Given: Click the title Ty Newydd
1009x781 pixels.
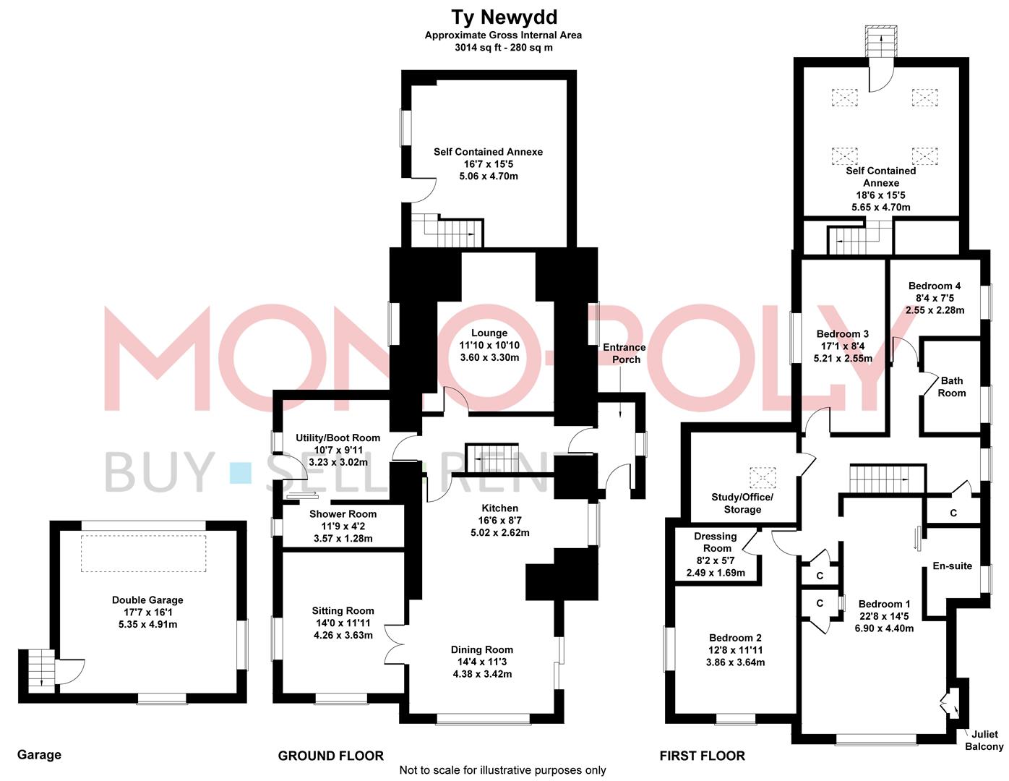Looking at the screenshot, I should coord(504,17).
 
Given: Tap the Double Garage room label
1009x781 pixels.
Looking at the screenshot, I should coord(147,600).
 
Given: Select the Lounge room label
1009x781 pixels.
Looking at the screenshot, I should coord(489,333).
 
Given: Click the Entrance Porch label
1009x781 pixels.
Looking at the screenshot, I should coord(624,353).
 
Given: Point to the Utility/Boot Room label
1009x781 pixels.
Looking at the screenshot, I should coord(338,438).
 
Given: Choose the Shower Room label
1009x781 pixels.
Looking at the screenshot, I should coord(343,514).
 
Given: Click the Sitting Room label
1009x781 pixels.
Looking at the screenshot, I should coord(343,611).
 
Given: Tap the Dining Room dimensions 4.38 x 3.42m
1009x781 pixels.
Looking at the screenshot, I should coord(482,674).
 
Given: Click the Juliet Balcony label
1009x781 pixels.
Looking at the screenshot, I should coord(984,740).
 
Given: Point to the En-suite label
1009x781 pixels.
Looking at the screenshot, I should coord(952,566).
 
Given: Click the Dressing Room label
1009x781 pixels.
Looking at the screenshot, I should coord(715,542).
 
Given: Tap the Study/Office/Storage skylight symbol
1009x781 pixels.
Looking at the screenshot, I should coord(761,477).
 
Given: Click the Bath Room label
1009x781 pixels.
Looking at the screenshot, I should coord(952,386).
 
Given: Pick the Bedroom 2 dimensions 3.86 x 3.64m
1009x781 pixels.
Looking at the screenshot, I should coord(735,662).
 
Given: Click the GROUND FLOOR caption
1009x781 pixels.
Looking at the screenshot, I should coord(330,756).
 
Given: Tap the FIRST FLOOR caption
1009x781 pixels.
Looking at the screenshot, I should coord(702,756).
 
